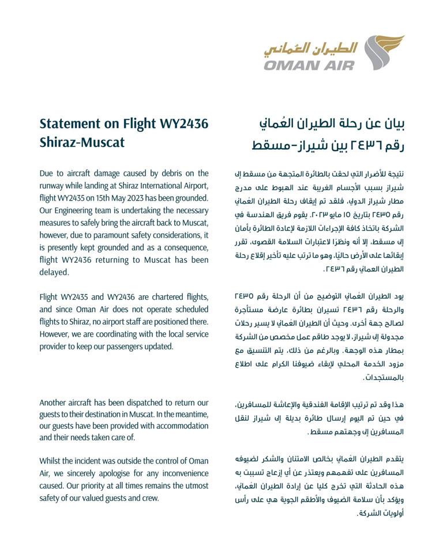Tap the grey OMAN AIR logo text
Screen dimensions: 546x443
point(310,64)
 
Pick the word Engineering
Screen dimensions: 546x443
point(77,210)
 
